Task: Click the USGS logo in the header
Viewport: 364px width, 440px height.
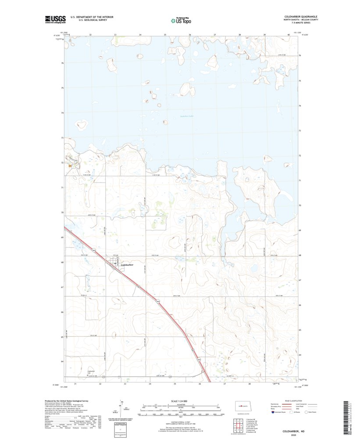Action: click(x=55, y=19)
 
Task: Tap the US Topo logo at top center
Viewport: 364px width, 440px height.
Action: click(x=181, y=20)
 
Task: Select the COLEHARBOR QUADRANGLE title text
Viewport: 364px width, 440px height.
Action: click(x=301, y=17)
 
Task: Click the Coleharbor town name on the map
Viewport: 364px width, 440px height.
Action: click(x=126, y=265)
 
